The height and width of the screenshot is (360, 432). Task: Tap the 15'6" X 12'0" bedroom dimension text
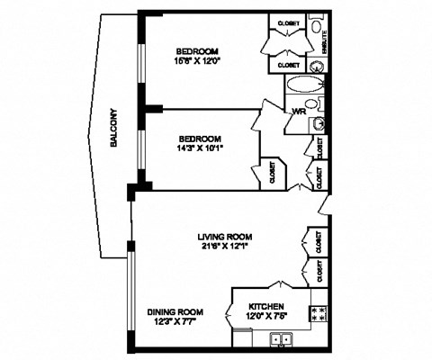(x=198, y=62)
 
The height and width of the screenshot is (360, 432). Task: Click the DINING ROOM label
(x=175, y=312)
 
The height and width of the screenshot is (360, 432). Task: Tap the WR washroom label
(x=297, y=112)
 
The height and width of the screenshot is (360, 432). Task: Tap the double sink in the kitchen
(x=283, y=339)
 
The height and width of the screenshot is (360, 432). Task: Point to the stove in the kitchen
(x=318, y=314)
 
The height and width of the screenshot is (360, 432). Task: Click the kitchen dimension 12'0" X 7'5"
(x=267, y=316)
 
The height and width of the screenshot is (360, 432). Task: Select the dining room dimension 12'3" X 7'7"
(x=175, y=322)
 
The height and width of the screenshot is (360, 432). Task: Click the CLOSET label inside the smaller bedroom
(x=274, y=173)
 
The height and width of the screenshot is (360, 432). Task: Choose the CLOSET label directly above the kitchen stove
(x=318, y=269)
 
